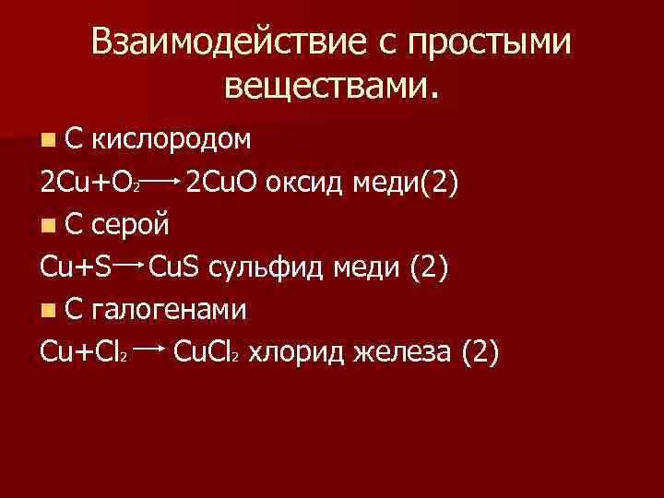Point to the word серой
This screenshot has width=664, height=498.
point(130,223)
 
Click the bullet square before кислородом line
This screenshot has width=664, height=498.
point(48,140)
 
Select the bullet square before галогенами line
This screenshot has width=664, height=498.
point(48,310)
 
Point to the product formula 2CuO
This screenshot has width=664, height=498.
point(222,182)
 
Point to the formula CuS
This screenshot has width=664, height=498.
point(177,267)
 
